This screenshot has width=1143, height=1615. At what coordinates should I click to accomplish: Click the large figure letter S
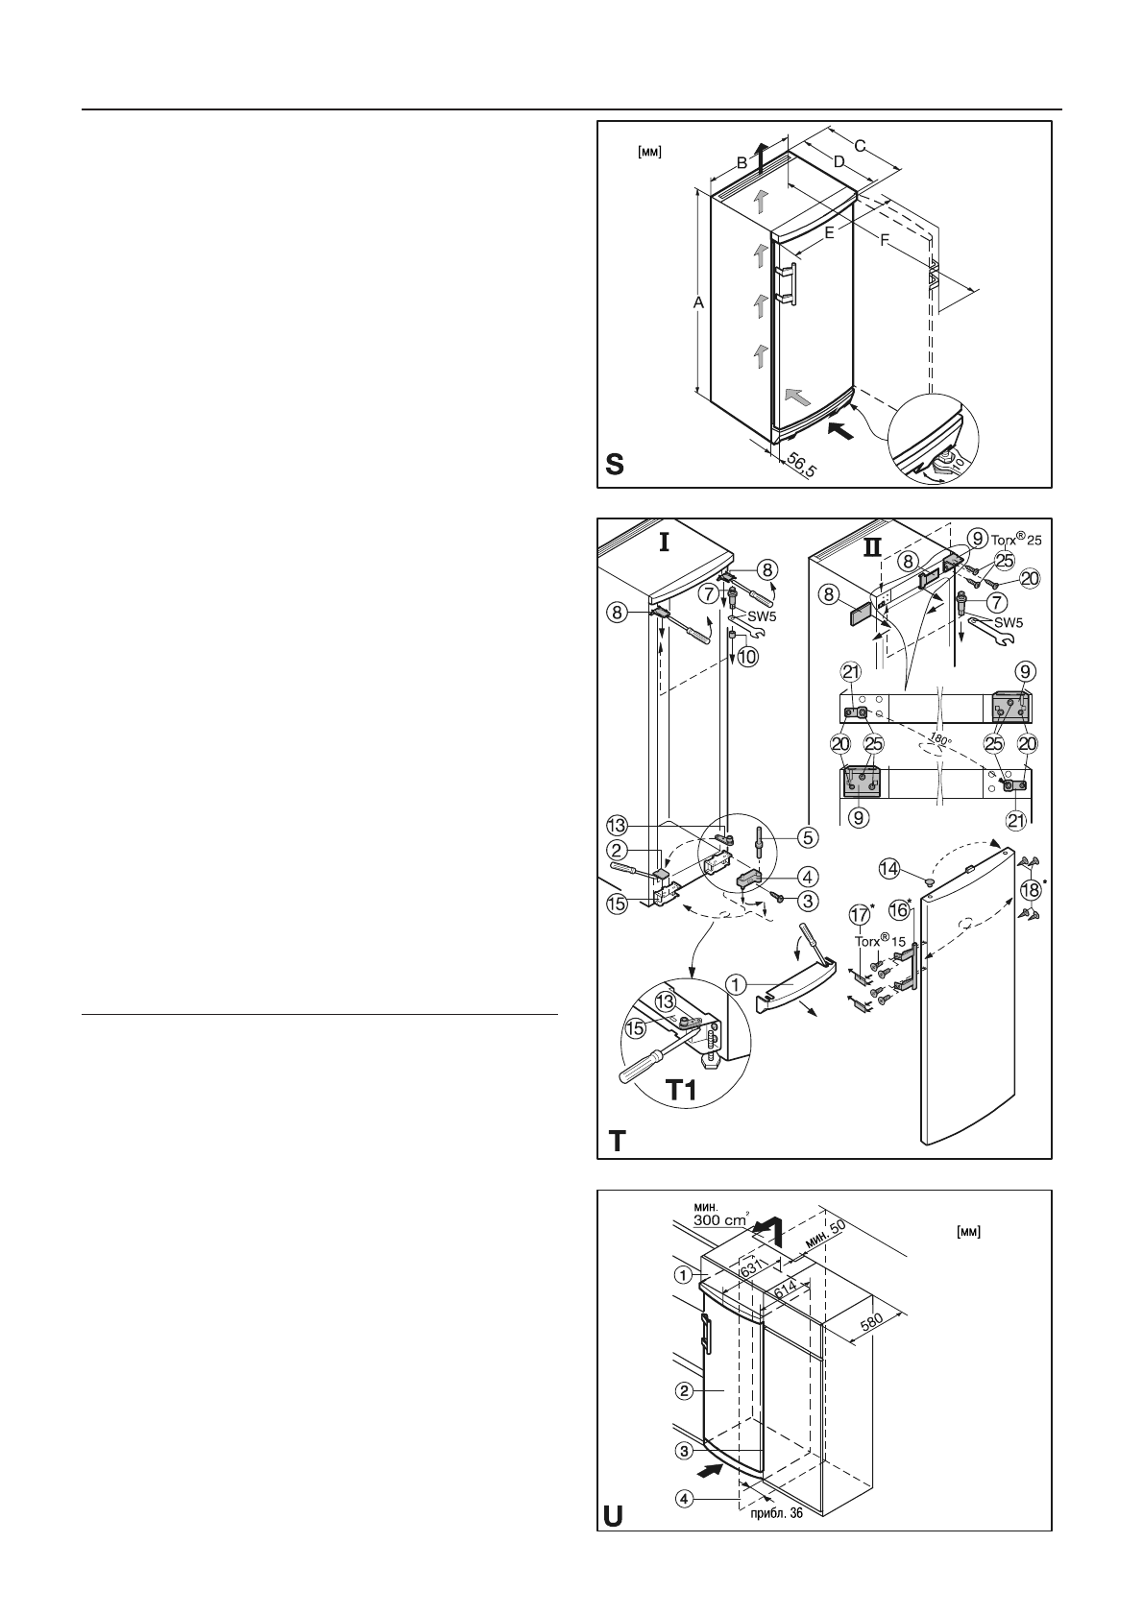click(x=616, y=465)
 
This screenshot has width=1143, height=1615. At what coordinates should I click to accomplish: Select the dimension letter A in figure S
click(x=699, y=302)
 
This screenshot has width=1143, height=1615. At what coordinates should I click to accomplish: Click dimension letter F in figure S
click(x=885, y=241)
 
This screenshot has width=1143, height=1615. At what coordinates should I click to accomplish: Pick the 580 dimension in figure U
click(x=873, y=1321)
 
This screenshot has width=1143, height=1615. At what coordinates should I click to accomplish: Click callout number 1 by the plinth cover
click(x=736, y=984)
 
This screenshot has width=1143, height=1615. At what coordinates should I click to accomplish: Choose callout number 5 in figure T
click(x=808, y=837)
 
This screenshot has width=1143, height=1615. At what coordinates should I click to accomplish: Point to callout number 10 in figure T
click(x=746, y=658)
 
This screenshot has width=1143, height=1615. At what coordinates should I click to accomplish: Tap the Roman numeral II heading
click(x=871, y=547)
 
